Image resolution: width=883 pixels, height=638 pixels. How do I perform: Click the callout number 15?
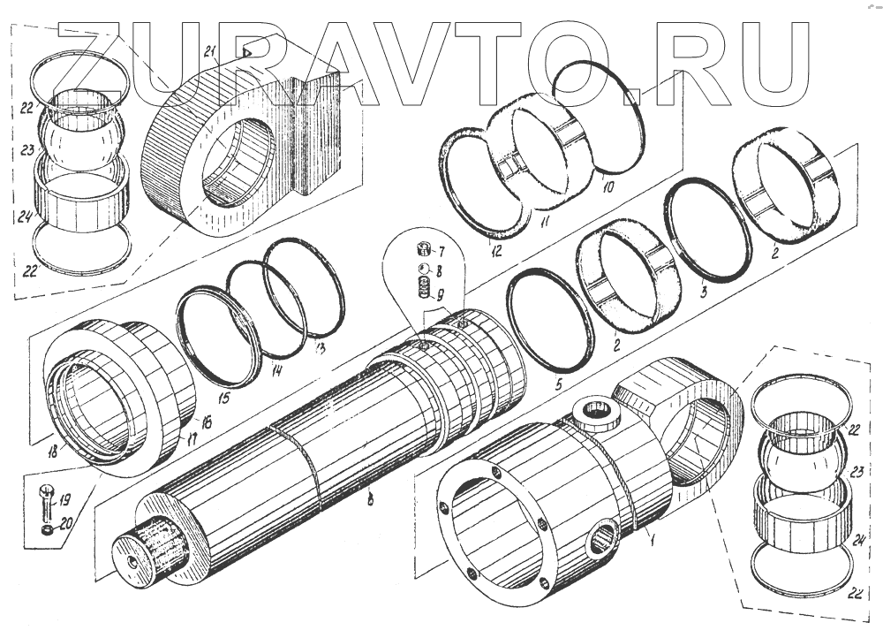coord(224,399)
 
